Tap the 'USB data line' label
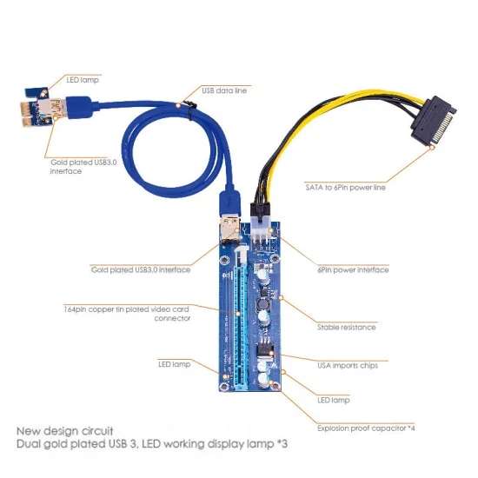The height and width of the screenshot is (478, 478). [x=224, y=90]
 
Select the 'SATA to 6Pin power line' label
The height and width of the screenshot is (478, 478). [x=345, y=187]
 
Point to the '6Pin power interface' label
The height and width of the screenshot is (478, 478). [x=353, y=269]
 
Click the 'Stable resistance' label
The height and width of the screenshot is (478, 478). [x=346, y=327]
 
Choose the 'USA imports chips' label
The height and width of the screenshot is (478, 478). [x=348, y=365]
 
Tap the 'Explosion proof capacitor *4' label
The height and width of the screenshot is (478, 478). [x=366, y=428]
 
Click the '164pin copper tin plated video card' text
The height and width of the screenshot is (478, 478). [x=126, y=309]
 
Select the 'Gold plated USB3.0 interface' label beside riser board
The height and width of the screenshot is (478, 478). [x=141, y=269]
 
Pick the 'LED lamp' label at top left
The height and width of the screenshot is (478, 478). [x=83, y=80]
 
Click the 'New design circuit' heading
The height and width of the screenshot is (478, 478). [x=64, y=431]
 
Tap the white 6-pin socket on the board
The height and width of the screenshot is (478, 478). [x=260, y=233]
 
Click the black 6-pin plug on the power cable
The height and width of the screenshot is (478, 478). [x=260, y=209]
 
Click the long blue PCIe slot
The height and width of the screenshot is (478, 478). [x=241, y=329]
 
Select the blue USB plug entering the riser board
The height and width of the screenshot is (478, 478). [x=230, y=202]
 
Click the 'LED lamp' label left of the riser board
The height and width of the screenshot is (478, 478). [x=174, y=364]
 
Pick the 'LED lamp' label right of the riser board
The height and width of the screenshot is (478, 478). [x=334, y=400]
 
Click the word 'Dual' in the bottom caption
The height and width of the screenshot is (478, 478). [x=28, y=443]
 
